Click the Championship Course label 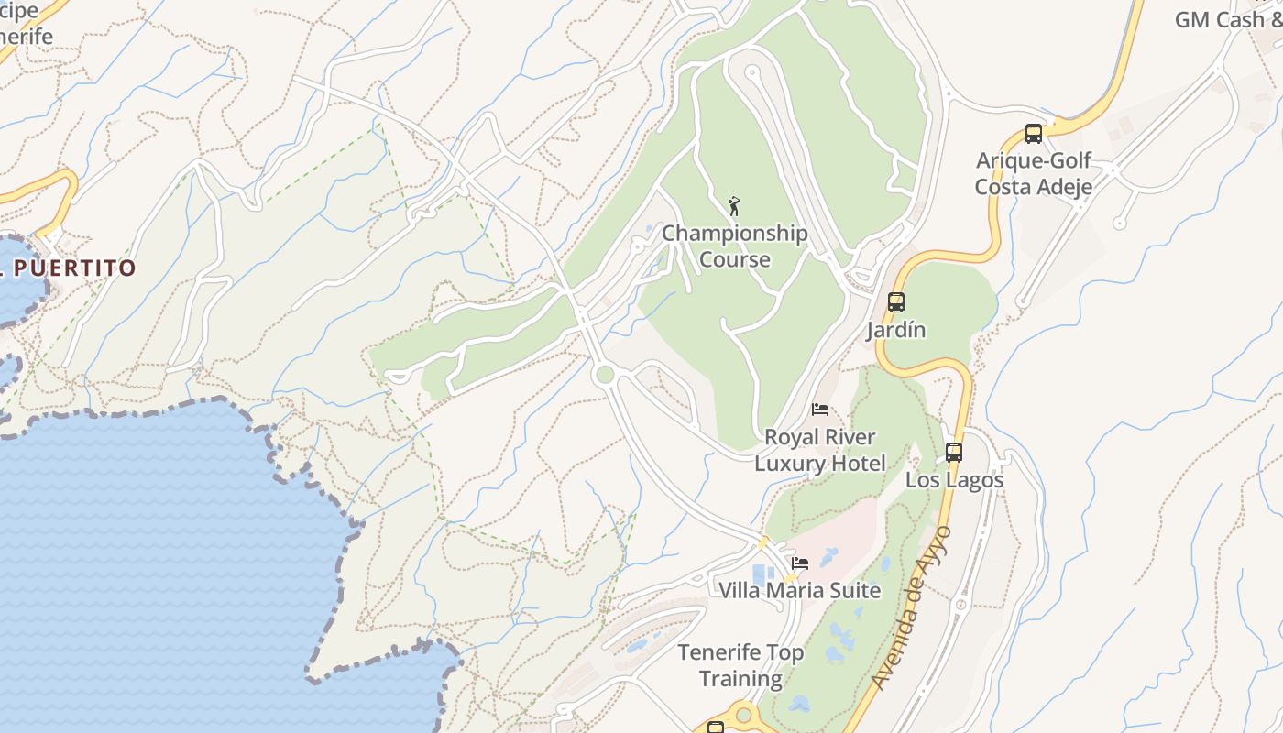pyautogui.click(x=735, y=246)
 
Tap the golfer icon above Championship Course pyautogui.click(x=733, y=206)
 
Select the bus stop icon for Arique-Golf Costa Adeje pyautogui.click(x=1034, y=134)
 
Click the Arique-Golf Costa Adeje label pyautogui.click(x=1033, y=174)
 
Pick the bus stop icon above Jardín pyautogui.click(x=896, y=302)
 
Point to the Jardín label pyautogui.click(x=896, y=330)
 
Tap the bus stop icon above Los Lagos pyautogui.click(x=954, y=453)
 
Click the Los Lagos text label pyautogui.click(x=954, y=480)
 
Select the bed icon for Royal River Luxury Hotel pyautogui.click(x=820, y=410)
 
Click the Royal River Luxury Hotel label pyautogui.click(x=820, y=450)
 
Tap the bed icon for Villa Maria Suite pyautogui.click(x=800, y=563)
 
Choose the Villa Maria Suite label pyautogui.click(x=799, y=590)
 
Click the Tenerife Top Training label pyautogui.click(x=740, y=665)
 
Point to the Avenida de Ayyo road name pyautogui.click(x=912, y=608)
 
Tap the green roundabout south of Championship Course pyautogui.click(x=603, y=374)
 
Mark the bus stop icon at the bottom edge pyautogui.click(x=716, y=728)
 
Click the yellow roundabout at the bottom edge pyautogui.click(x=744, y=714)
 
